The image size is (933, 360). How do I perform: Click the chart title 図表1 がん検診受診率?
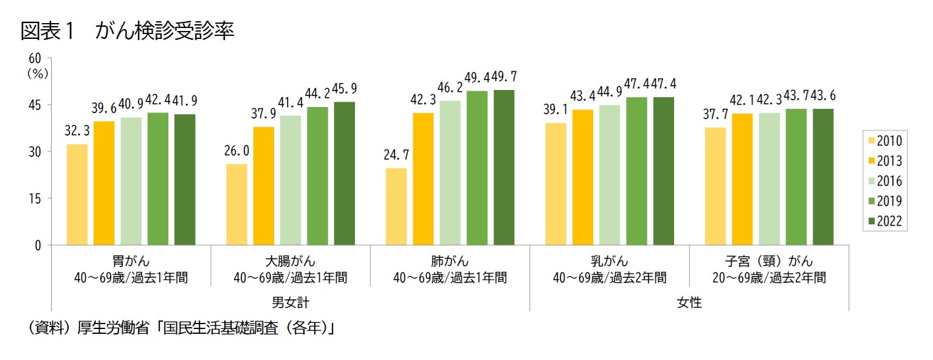127,32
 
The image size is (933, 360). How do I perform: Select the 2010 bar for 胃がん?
77,195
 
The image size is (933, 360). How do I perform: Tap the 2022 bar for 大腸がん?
345,173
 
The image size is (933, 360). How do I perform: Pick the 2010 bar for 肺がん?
396,206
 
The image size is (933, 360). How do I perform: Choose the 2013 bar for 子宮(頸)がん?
742,179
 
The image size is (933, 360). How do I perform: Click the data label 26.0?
236,151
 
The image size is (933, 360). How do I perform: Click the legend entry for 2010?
883,142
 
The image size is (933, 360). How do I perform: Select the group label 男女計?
291,302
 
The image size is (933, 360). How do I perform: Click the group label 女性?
689,302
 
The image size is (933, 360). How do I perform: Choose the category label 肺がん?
450,262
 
